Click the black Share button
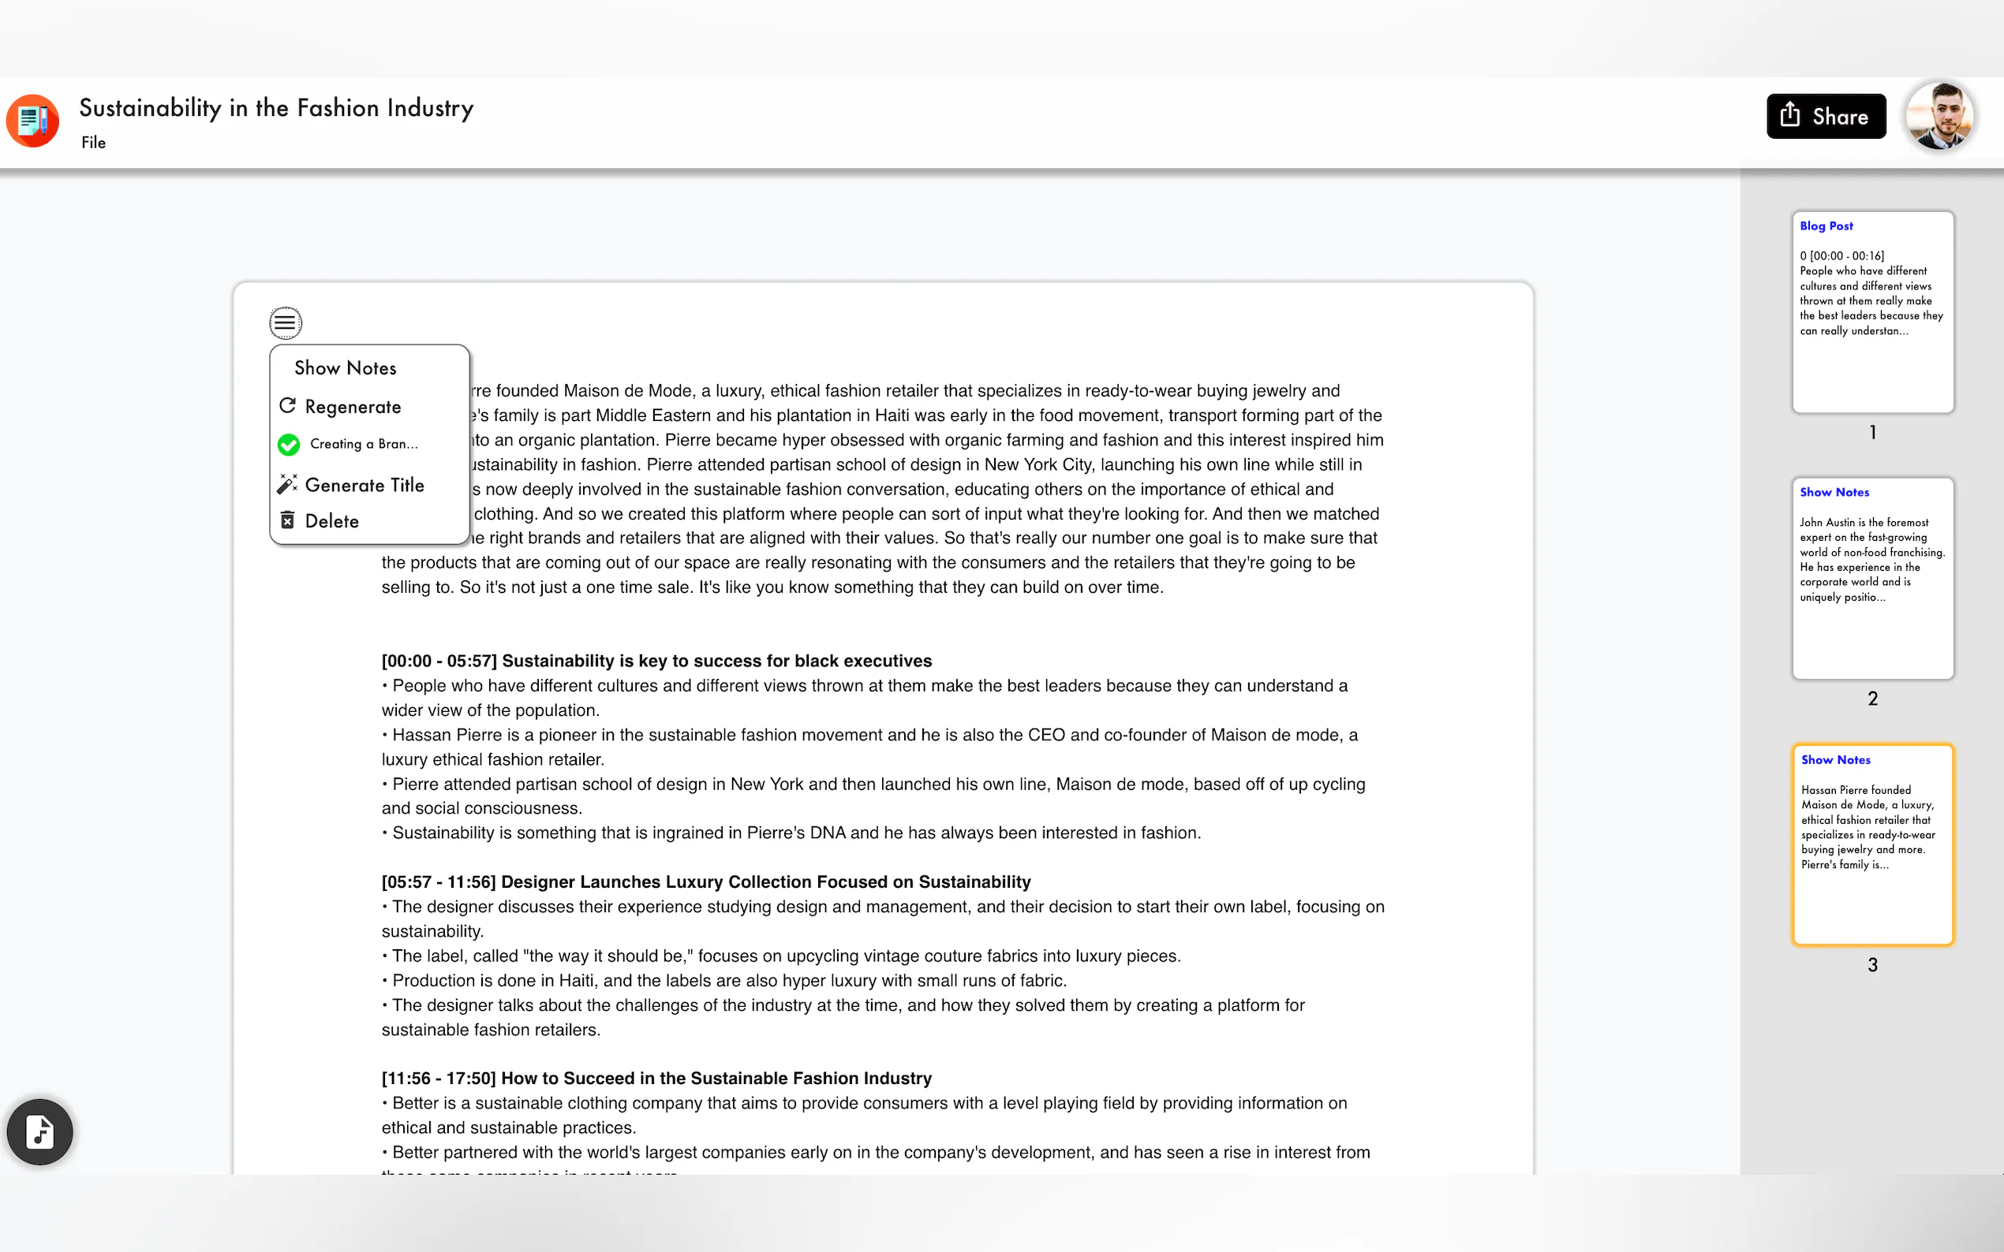click(x=1825, y=116)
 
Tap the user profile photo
click(x=1939, y=116)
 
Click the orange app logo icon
click(x=33, y=121)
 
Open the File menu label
click(x=94, y=143)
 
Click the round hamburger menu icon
click(x=285, y=323)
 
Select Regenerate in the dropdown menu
click(x=352, y=407)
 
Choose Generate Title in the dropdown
click(x=364, y=485)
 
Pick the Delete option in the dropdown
click(x=331, y=521)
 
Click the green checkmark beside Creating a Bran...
click(x=288, y=445)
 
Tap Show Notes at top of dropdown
click(x=346, y=367)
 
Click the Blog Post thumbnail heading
click(x=1826, y=226)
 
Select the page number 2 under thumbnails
click(x=1872, y=699)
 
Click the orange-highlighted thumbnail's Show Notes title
click(x=1835, y=759)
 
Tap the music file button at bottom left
click(x=39, y=1131)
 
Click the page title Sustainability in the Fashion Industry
click(x=276, y=108)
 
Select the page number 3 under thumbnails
click(x=1872, y=965)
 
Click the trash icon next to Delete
click(x=287, y=520)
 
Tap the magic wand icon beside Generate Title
click(x=287, y=484)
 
